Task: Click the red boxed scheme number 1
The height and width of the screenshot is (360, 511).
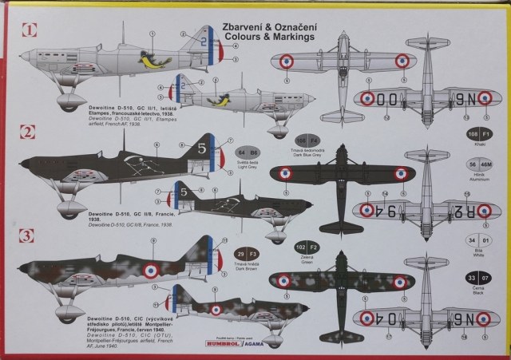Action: [29, 33]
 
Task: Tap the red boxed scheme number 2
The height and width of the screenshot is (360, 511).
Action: [29, 133]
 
